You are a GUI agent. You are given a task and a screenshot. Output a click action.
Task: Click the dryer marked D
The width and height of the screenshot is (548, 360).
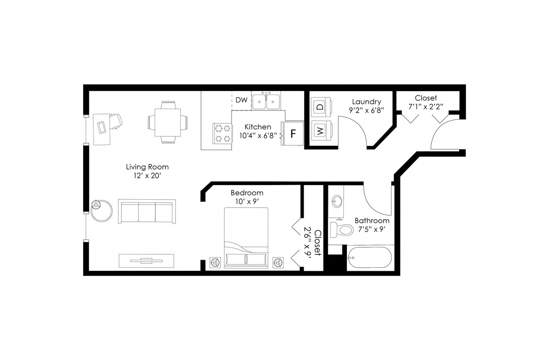(320, 106)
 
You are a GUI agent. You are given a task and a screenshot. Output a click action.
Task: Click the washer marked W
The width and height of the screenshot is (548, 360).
(320, 131)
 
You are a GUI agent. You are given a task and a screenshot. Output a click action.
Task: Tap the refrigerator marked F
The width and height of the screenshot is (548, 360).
(293, 133)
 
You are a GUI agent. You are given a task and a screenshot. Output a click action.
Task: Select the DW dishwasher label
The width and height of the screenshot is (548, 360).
(241, 100)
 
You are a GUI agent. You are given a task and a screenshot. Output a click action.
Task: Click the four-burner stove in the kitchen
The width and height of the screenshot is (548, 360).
(223, 133)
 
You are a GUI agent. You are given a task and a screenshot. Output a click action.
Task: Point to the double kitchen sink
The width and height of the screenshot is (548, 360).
(266, 101)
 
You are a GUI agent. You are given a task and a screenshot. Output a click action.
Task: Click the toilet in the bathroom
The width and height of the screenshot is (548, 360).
(342, 230)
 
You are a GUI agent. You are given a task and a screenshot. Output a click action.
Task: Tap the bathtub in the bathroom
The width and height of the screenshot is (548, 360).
(369, 257)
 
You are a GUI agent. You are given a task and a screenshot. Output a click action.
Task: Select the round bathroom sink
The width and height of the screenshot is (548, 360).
(337, 202)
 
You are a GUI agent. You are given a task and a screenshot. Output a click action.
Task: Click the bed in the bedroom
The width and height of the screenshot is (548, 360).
(246, 238)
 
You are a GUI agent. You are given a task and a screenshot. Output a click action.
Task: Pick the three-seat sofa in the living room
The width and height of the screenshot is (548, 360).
(147, 212)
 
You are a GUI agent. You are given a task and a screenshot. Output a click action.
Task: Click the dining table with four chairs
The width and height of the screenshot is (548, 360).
(167, 122)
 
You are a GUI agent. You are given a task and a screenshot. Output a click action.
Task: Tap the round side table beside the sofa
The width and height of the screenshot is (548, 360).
(102, 211)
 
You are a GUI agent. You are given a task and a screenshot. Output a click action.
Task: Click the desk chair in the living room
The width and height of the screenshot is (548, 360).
(115, 121)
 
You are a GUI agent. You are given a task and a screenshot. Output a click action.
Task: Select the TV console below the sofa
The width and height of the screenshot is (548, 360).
(146, 261)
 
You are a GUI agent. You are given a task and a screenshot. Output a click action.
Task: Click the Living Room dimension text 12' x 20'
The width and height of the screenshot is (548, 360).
(147, 176)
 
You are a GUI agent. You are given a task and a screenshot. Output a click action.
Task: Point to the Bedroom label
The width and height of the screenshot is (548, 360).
(247, 193)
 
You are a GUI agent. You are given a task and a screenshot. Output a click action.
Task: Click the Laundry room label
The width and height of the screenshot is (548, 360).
(366, 102)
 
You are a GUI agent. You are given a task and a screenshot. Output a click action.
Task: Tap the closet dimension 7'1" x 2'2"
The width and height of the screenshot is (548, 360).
(426, 106)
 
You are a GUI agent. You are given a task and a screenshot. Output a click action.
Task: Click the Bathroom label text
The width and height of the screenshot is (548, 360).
(372, 220)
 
